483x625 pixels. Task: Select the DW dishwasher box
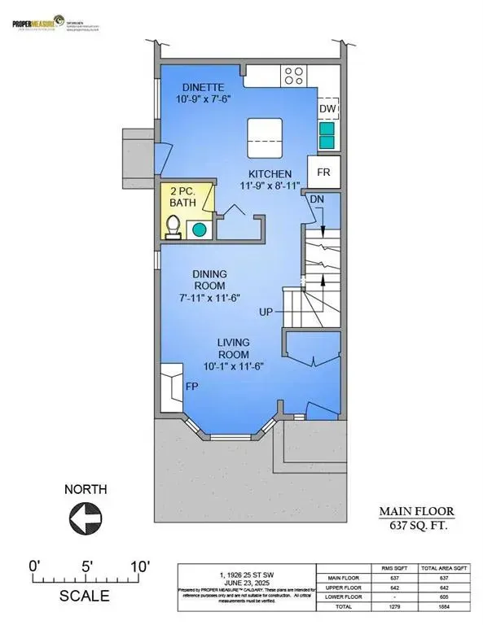(327, 108)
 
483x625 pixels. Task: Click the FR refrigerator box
(323, 172)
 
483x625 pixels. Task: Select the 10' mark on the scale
(138, 565)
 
